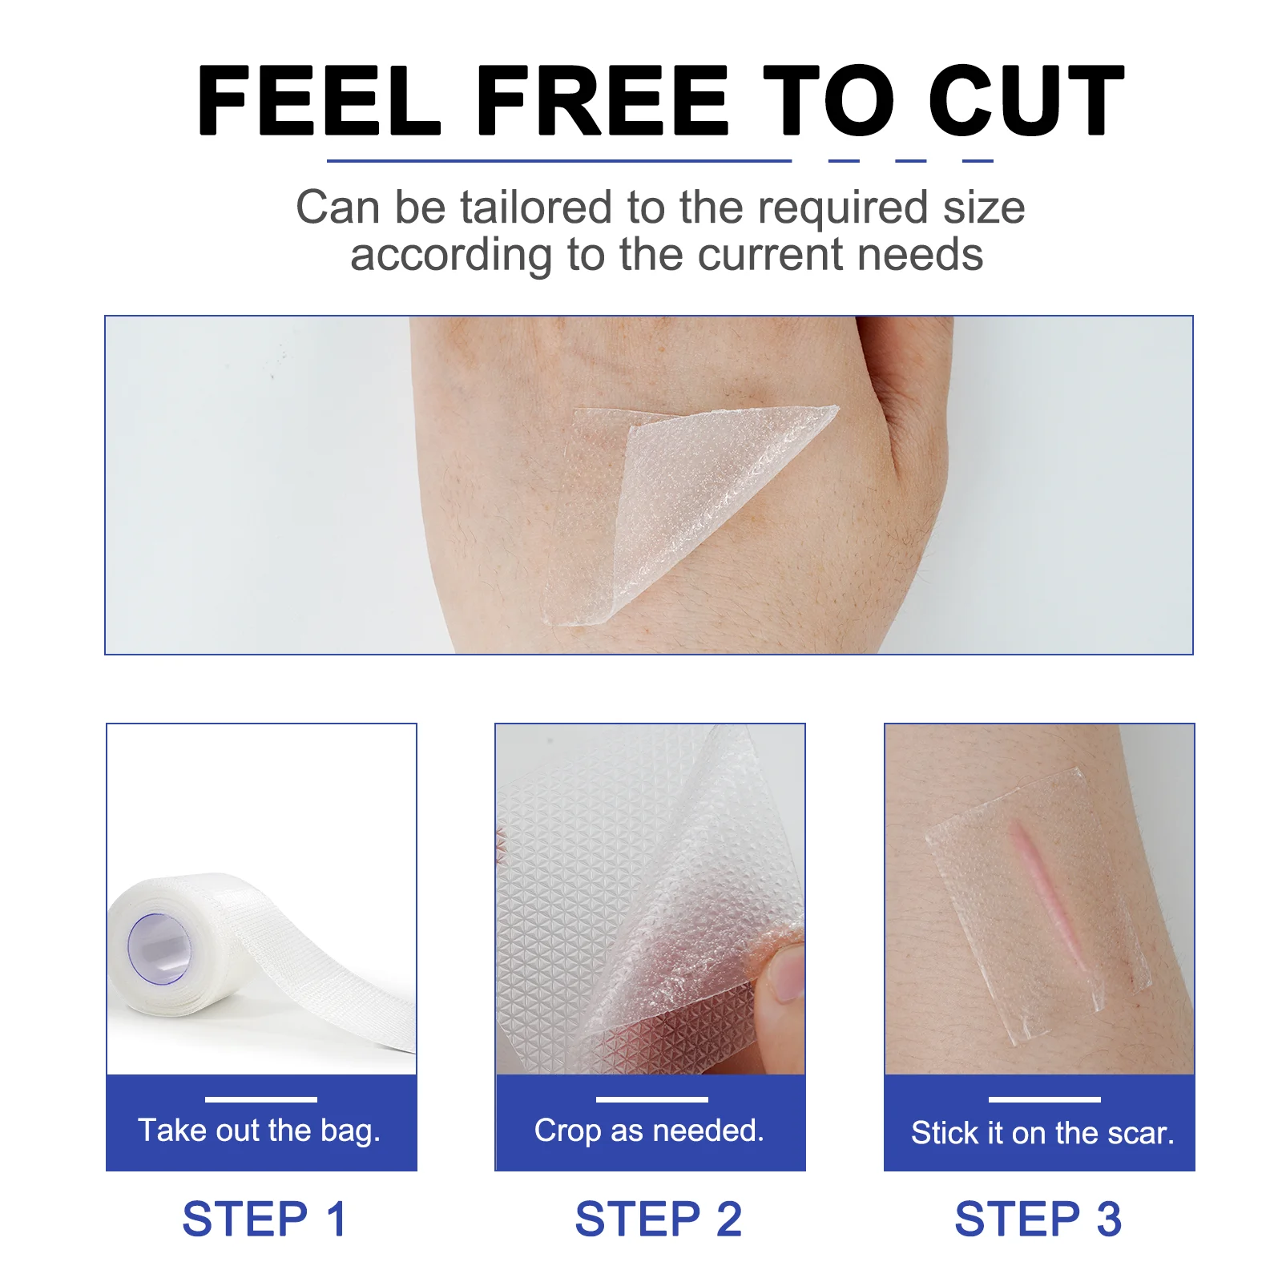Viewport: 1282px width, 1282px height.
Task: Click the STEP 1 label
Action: [x=264, y=1220]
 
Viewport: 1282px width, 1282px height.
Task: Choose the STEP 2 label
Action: [x=659, y=1220]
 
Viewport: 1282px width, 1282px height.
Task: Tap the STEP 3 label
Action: [x=1038, y=1220]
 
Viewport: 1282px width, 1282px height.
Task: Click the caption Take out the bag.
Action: [x=260, y=1131]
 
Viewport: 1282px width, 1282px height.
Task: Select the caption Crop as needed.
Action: [x=649, y=1131]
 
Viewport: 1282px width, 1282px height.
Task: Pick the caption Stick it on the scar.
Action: [x=1042, y=1133]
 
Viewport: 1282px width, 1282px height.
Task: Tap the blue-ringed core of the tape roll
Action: [x=159, y=949]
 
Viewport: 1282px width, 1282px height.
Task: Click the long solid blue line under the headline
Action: [x=558, y=161]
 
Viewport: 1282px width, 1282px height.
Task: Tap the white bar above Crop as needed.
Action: [x=652, y=1099]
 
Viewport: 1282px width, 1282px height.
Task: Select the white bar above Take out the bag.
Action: [x=261, y=1099]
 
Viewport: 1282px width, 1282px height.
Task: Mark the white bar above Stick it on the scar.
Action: [x=1044, y=1099]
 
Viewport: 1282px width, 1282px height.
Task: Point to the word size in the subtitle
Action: [x=984, y=208]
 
